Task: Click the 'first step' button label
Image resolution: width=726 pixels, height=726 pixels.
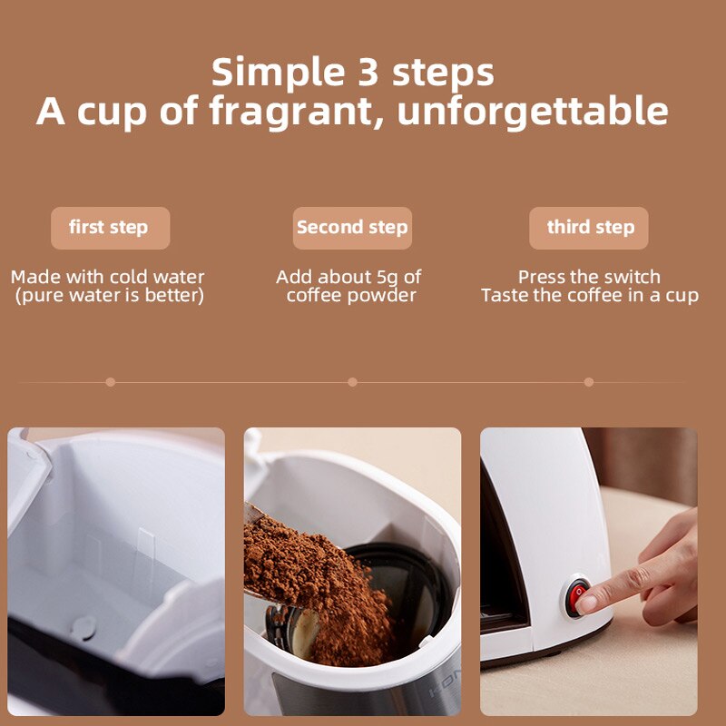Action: (109, 228)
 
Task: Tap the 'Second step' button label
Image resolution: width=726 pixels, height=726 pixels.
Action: (352, 228)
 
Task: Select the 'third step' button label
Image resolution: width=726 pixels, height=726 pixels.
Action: (590, 228)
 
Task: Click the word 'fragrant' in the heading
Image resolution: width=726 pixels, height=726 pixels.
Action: (296, 112)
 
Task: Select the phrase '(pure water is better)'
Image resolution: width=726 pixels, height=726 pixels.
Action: (109, 296)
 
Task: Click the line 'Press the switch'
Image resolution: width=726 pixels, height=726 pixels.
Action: (590, 277)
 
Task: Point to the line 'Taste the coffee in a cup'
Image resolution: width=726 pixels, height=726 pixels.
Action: (590, 296)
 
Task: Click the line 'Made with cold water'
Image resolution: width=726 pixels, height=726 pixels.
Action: (108, 277)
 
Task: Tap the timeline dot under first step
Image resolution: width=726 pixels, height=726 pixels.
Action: (110, 382)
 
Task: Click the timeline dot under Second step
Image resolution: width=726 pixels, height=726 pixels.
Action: (352, 382)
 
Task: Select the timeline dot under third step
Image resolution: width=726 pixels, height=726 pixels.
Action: (589, 382)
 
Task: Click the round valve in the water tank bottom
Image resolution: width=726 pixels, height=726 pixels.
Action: (84, 626)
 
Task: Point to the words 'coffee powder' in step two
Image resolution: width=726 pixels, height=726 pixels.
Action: (351, 296)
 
